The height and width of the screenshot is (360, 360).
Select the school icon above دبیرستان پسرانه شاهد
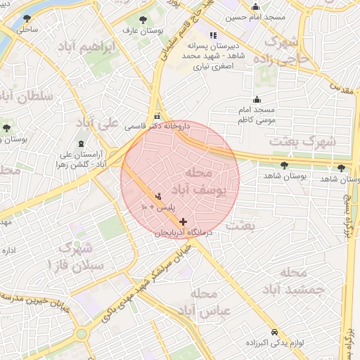click(x=214, y=35)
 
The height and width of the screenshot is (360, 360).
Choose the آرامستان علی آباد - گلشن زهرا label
click(x=79, y=160)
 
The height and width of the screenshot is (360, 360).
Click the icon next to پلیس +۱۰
click(x=157, y=196)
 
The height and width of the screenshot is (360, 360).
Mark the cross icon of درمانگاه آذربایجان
click(x=184, y=221)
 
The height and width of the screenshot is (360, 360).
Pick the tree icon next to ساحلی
click(x=27, y=19)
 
